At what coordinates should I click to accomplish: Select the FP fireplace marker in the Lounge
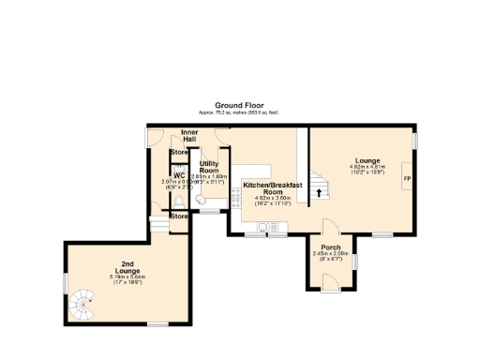click(407, 178)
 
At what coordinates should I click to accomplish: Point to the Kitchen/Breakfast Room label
click(271, 188)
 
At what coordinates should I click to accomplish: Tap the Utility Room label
click(209, 166)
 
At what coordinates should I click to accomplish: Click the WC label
click(179, 174)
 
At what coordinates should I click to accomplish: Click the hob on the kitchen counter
click(276, 228)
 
